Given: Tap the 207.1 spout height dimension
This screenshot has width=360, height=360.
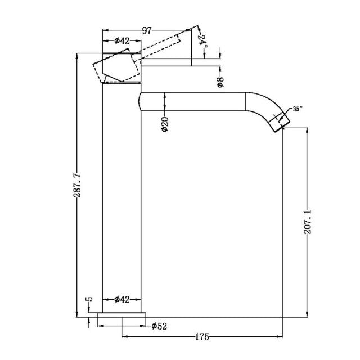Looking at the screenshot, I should (307, 223).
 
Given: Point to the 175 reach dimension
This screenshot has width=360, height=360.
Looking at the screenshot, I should (202, 337).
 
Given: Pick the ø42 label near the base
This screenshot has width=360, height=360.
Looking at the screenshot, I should (122, 299).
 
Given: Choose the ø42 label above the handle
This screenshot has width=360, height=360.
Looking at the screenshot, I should (122, 40).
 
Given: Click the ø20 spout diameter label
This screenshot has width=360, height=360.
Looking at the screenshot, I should (165, 122).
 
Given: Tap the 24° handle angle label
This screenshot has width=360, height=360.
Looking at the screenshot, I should (202, 40).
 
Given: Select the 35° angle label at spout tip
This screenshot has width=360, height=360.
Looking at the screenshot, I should (296, 109).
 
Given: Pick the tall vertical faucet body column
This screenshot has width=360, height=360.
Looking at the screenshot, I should (122, 197).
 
